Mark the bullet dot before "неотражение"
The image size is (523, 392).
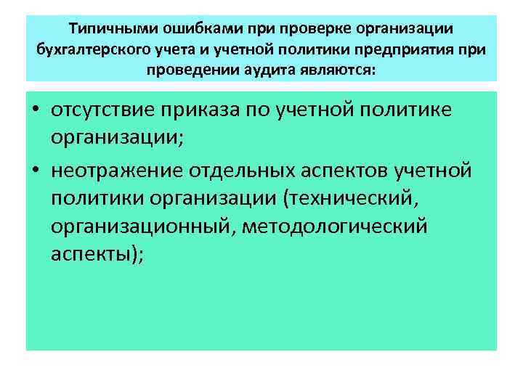point(35,171)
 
